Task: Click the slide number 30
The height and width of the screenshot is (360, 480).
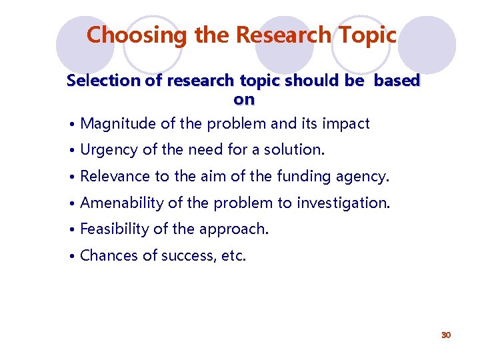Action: (446, 335)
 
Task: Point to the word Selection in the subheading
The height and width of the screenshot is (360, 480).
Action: (99, 81)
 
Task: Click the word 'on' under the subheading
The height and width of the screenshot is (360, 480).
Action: (243, 100)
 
